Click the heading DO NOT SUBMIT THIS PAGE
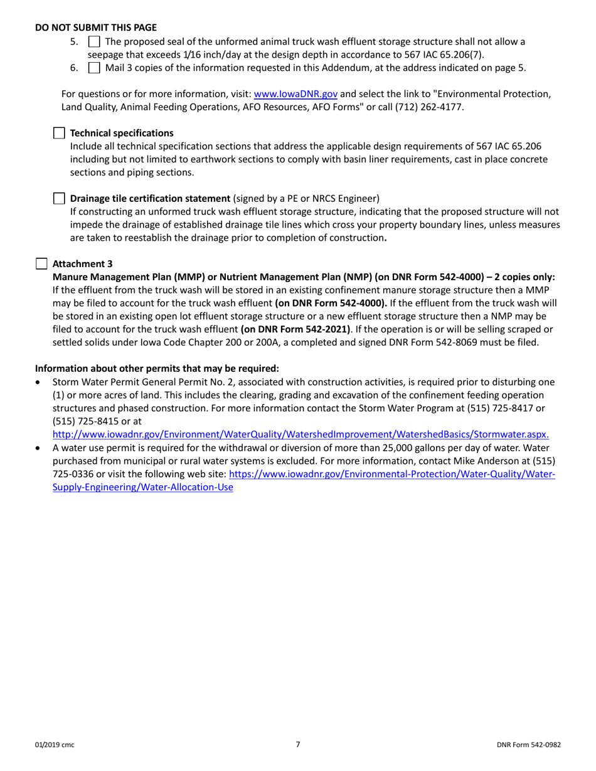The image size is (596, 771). (96, 28)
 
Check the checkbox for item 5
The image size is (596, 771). (92, 42)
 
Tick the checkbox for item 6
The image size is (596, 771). (92, 68)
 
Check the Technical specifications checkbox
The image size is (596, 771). (58, 133)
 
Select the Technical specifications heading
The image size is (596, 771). (122, 133)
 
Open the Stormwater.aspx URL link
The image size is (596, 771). (301, 433)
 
